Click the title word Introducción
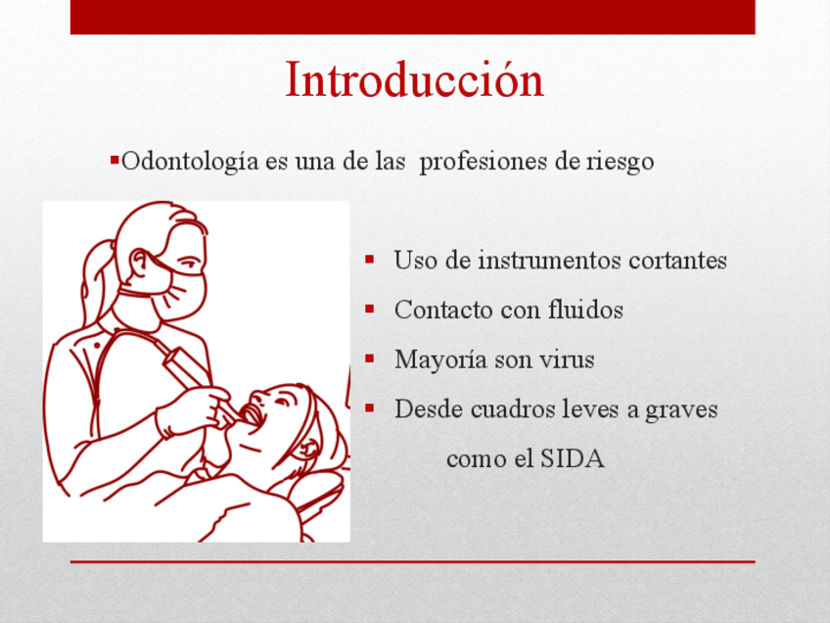414,80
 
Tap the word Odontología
190,162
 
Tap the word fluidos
585,310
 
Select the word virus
567,359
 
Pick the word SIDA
573,458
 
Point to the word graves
681,410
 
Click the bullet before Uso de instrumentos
369,259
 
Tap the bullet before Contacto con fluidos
369,309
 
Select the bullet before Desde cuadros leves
369,407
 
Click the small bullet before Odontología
115,159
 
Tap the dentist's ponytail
96,281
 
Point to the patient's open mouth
252,413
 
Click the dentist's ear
141,263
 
